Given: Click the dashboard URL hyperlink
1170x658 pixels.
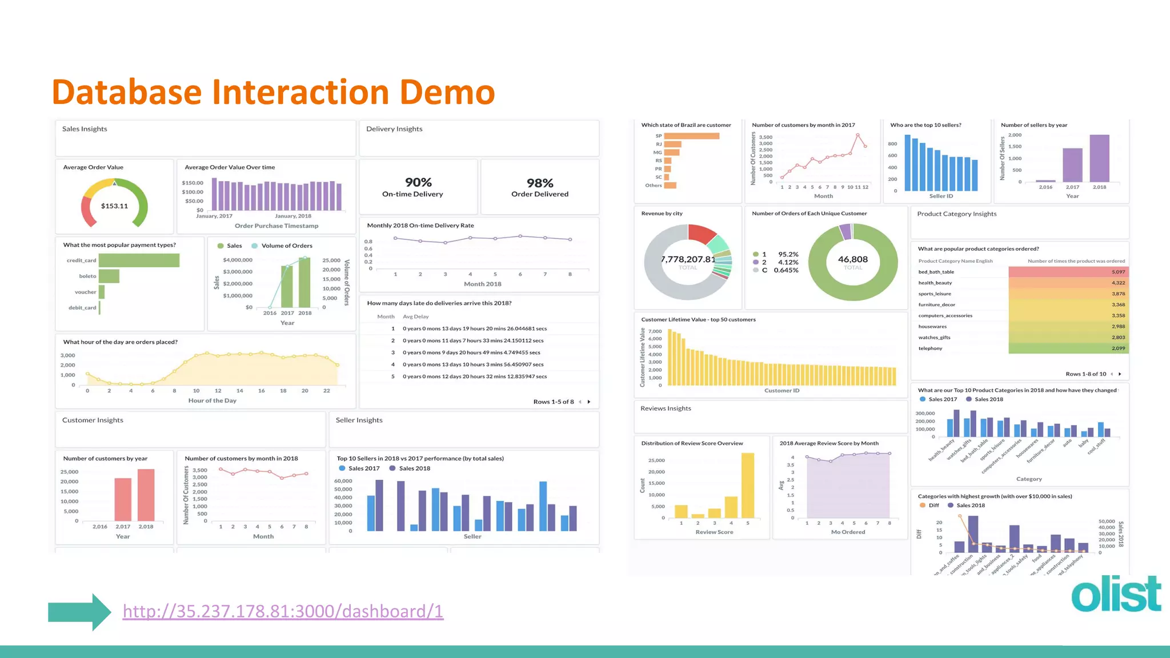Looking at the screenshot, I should click(283, 611).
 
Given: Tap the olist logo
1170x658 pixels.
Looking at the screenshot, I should click(1116, 595).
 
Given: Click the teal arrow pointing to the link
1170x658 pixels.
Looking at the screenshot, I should click(79, 612).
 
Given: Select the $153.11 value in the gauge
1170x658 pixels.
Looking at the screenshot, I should click(114, 206).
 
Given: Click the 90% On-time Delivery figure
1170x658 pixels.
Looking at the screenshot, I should click(418, 183).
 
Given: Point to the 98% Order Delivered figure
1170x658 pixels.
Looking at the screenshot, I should click(540, 183).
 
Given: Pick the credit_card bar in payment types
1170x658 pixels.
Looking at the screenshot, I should click(139, 260).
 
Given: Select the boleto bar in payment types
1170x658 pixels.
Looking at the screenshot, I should click(109, 276).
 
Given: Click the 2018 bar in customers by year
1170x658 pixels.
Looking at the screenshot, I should click(146, 495).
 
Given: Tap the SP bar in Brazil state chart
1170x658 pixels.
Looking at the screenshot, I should click(691, 136).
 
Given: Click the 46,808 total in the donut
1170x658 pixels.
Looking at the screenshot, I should click(852, 259).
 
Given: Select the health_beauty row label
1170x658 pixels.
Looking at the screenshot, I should click(935, 283).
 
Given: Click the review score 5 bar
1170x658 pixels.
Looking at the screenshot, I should click(747, 485).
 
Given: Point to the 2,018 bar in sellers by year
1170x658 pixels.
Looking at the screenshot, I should click(1099, 158).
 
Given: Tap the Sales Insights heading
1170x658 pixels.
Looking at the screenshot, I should click(85, 129).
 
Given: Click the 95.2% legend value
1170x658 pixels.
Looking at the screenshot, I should click(788, 254).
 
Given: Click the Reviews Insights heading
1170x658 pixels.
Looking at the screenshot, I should click(666, 408).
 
